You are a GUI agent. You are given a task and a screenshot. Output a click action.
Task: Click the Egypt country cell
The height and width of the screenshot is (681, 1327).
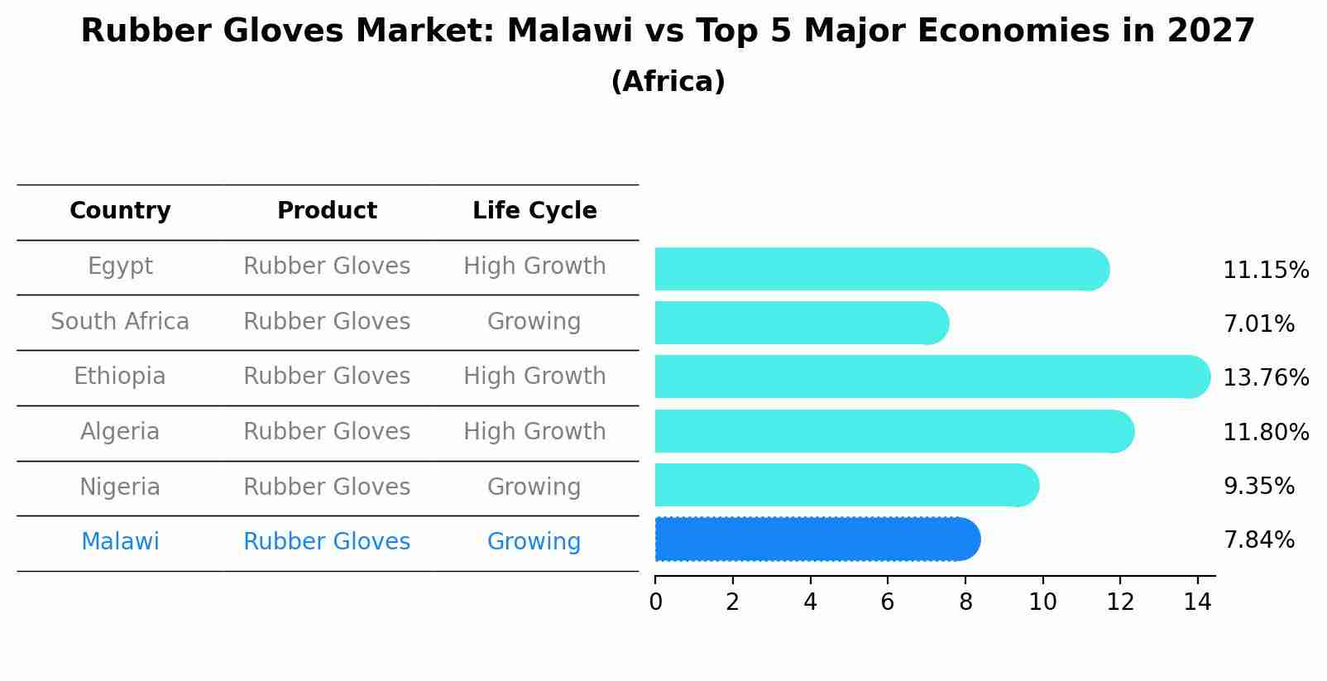click(x=120, y=266)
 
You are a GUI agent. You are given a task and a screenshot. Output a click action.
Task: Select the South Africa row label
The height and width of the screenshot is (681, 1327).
click(x=120, y=322)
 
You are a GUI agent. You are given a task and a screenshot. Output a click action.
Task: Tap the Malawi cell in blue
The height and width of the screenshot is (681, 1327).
click(x=120, y=542)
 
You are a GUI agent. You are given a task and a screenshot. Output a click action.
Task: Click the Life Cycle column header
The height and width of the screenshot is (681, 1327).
click(x=534, y=211)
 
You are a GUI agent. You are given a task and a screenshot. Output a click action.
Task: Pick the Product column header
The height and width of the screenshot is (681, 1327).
click(x=327, y=211)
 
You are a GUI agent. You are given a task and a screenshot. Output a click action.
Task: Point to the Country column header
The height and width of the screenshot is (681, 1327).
click(x=120, y=211)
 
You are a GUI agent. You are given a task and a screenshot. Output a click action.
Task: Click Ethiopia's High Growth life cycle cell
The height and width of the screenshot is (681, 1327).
click(x=534, y=376)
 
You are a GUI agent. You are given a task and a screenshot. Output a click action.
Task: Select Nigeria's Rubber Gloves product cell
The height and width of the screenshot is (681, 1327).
click(x=327, y=487)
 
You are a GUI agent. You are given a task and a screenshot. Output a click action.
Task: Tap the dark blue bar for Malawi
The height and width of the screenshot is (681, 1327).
click(x=815, y=540)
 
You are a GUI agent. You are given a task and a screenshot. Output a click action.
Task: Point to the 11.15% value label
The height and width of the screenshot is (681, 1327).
click(x=1266, y=271)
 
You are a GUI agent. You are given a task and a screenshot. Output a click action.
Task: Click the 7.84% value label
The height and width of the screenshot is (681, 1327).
click(x=1258, y=540)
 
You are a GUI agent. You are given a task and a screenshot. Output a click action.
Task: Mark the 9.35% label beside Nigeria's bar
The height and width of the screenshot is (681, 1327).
click(x=1258, y=487)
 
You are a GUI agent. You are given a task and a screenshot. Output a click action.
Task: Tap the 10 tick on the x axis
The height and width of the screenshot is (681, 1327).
click(x=1042, y=602)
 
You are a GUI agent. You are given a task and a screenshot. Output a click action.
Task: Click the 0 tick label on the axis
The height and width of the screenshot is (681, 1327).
click(x=655, y=602)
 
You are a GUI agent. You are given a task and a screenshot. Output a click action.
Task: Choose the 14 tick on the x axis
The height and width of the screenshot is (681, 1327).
click(x=1197, y=602)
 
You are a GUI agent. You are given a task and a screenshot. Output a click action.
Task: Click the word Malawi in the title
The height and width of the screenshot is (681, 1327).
click(x=557, y=31)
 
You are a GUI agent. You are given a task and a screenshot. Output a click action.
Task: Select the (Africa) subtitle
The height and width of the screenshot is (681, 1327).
click(x=668, y=82)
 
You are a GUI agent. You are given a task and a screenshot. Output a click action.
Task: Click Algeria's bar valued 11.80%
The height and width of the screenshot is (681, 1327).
click(x=893, y=431)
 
